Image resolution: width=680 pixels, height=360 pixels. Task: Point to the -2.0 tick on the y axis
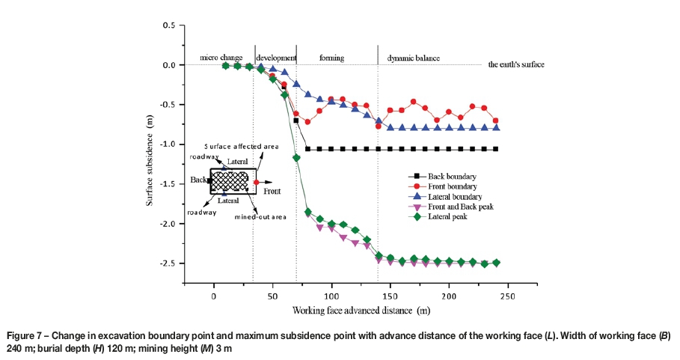click(x=183, y=224)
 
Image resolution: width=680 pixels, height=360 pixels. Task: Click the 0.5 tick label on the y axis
click(x=170, y=26)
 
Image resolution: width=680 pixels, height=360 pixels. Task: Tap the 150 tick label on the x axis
click(x=390, y=294)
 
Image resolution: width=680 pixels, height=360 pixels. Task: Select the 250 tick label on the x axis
click(x=506, y=294)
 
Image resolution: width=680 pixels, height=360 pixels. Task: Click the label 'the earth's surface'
click(x=515, y=65)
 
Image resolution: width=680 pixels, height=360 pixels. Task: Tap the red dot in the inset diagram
click(x=257, y=182)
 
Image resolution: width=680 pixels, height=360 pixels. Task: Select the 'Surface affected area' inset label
click(x=236, y=147)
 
